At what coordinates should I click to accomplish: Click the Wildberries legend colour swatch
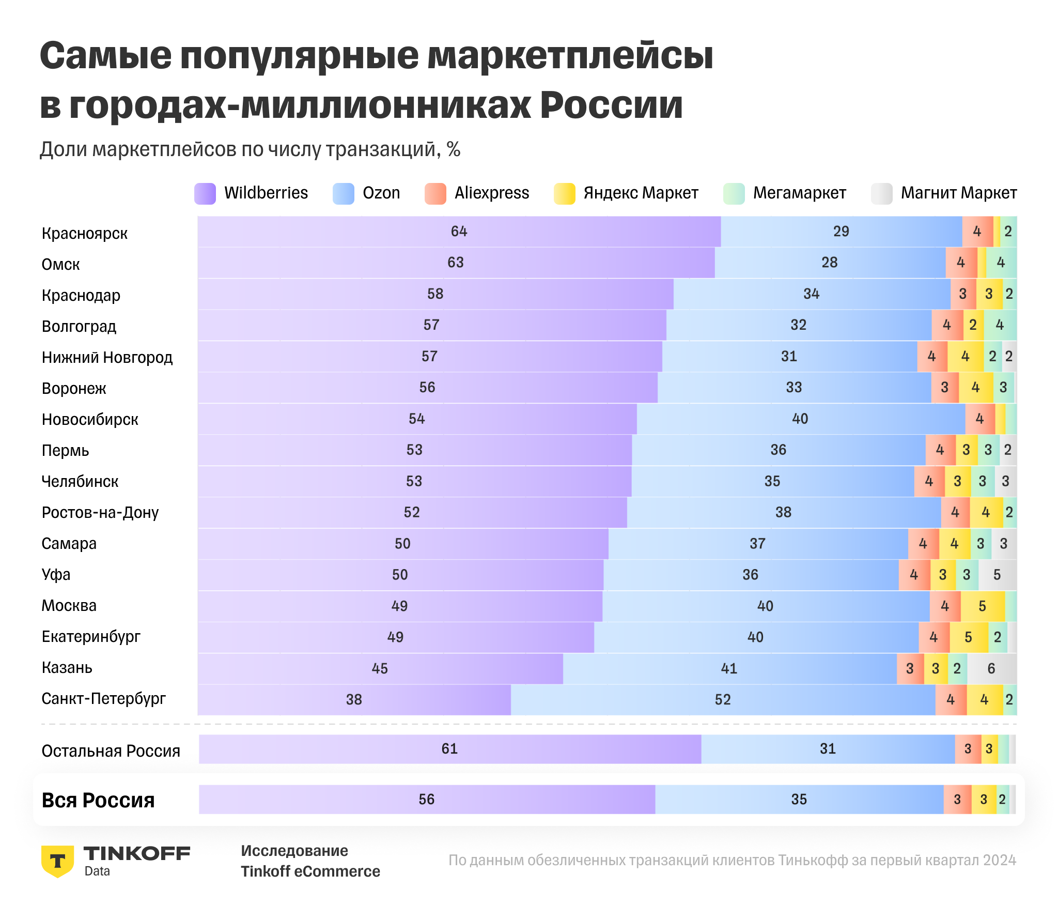tap(205, 194)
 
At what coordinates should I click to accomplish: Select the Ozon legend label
tap(381, 193)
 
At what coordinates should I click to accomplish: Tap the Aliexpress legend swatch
tap(435, 194)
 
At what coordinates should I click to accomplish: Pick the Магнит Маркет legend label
tap(958, 193)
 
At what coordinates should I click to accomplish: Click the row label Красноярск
tap(84, 233)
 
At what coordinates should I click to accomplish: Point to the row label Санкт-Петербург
tap(103, 698)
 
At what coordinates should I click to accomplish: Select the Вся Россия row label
tap(98, 800)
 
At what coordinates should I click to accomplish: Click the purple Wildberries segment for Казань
tap(380, 668)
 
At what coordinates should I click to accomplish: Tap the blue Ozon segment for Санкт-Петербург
tap(723, 699)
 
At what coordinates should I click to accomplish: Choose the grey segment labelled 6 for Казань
tap(991, 668)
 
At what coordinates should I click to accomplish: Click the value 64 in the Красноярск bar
tap(459, 231)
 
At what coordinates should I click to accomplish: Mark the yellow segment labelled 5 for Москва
tap(983, 606)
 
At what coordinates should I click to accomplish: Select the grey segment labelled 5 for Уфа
tap(997, 575)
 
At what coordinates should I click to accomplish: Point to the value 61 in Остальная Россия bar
tap(449, 748)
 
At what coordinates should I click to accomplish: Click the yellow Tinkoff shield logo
tap(57, 861)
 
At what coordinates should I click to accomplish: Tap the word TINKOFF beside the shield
tap(137, 853)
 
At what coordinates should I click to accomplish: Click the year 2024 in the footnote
tap(1000, 860)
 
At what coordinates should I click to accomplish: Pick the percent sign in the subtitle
tap(454, 149)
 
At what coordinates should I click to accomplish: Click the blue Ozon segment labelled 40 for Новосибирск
tap(800, 419)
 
